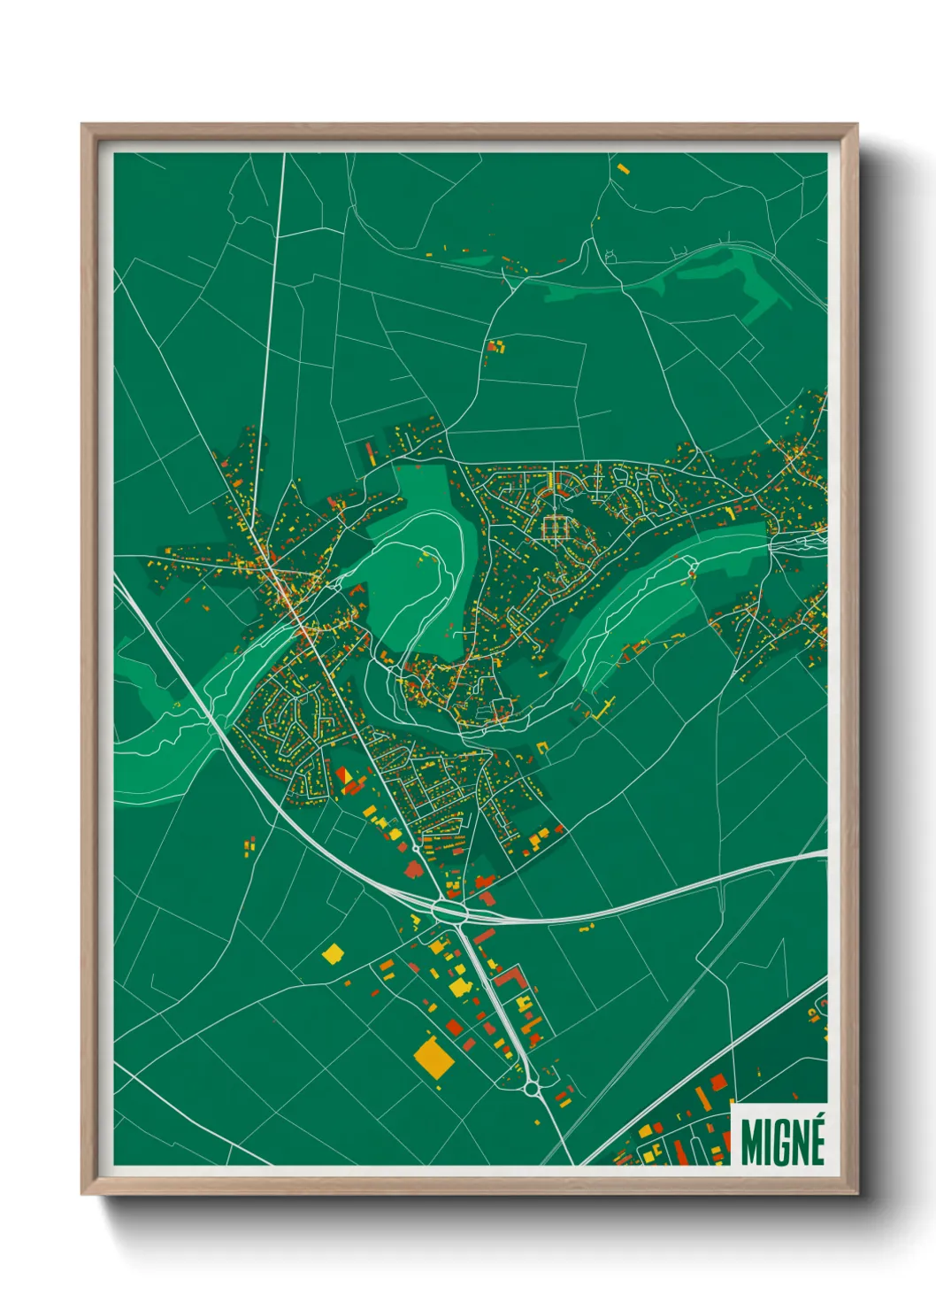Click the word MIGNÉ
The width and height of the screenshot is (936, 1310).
(x=782, y=1142)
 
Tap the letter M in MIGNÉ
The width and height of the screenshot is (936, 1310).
(x=751, y=1143)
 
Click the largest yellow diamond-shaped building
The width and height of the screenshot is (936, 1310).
(x=433, y=1055)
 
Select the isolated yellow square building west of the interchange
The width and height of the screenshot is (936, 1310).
(x=333, y=953)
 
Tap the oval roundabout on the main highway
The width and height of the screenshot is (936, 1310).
(x=449, y=909)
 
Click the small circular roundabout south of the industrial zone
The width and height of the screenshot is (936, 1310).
(x=533, y=1090)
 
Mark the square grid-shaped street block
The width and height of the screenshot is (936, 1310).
(x=556, y=528)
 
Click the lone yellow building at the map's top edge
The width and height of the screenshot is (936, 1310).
(x=622, y=166)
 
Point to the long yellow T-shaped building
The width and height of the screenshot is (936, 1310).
(x=606, y=706)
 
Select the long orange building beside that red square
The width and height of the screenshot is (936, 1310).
(x=702, y=1098)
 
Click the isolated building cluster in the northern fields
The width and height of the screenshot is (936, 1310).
(x=495, y=346)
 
